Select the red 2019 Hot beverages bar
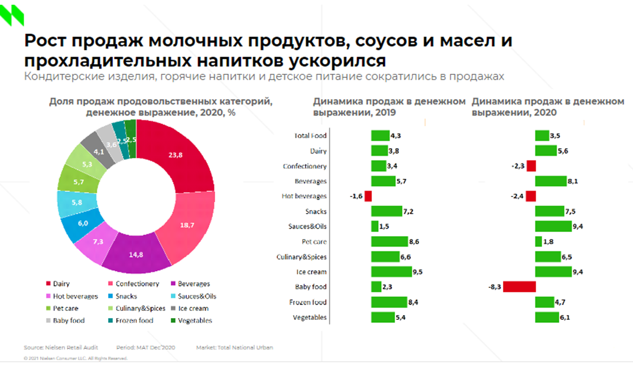[x=368, y=196]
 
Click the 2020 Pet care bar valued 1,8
[x=538, y=242]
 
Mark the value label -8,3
[x=495, y=287]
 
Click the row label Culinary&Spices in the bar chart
[x=301, y=257]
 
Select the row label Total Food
[x=310, y=136]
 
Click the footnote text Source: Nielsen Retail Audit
[x=61, y=348]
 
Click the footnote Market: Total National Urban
[x=234, y=348]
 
